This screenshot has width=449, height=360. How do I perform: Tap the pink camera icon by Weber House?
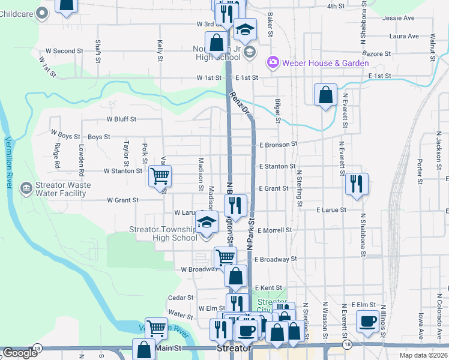[x=273, y=62]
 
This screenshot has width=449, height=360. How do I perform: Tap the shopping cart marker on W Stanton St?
[x=160, y=176]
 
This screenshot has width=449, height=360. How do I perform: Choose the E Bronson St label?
[x=279, y=145]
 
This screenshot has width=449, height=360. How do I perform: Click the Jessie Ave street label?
[x=402, y=18]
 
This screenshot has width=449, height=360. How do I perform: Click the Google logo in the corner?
[x=20, y=353]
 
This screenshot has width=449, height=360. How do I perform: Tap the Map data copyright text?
[x=423, y=355]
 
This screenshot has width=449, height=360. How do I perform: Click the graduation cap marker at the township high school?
[x=206, y=223]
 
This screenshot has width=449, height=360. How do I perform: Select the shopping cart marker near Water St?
[x=156, y=327]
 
